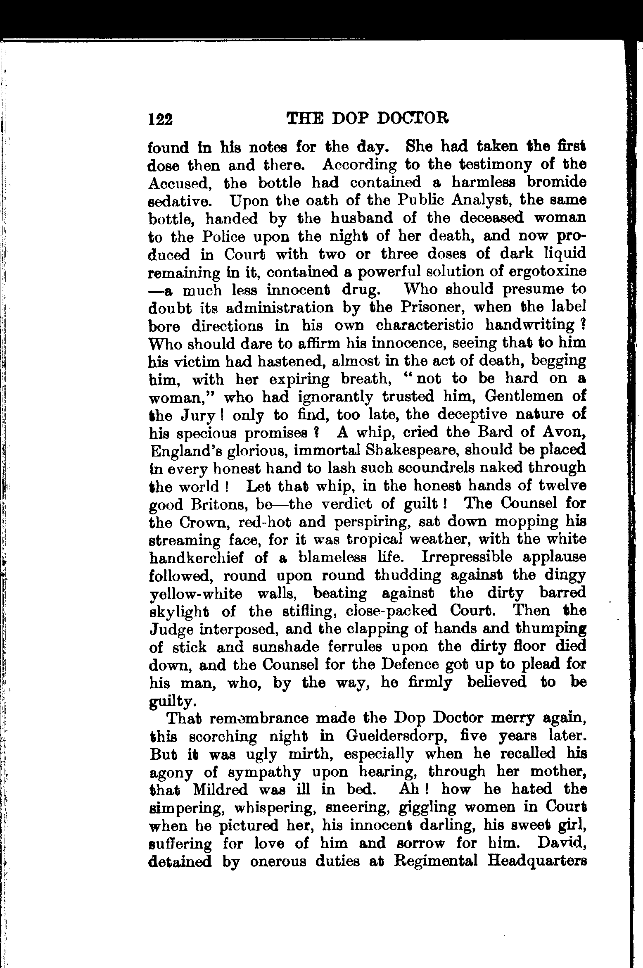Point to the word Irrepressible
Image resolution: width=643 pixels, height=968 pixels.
point(467,557)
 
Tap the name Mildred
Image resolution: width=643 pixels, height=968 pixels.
point(220,790)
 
